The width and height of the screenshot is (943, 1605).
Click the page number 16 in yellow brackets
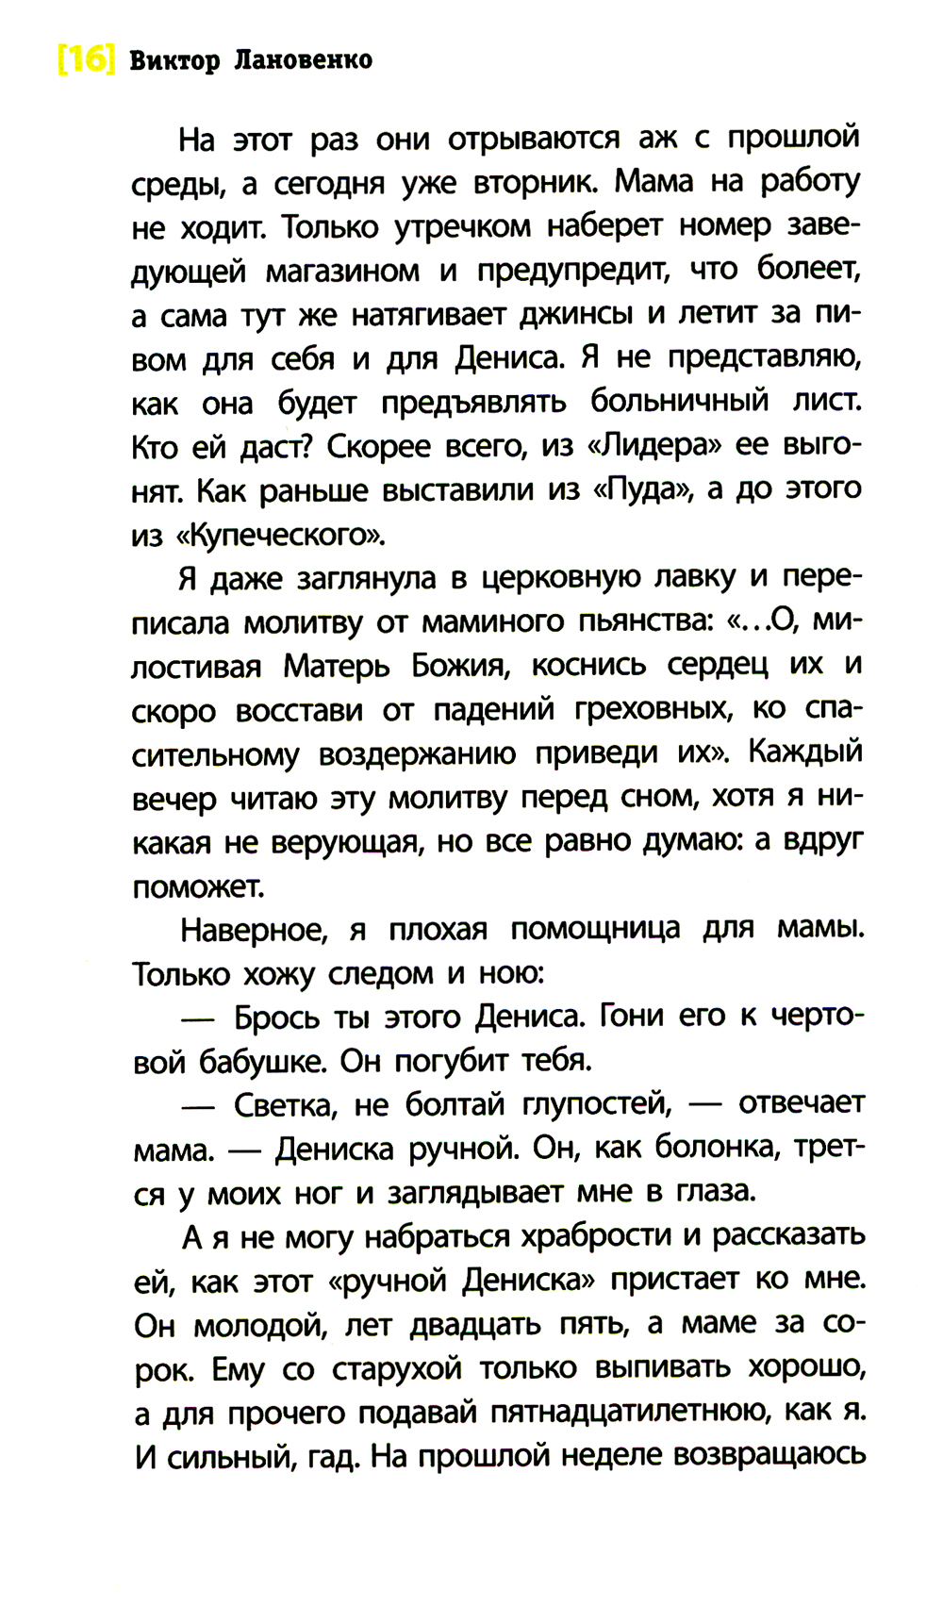point(86,60)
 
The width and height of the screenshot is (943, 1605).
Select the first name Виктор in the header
point(174,60)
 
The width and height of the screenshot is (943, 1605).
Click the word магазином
point(342,272)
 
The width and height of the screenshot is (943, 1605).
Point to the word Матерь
point(337,666)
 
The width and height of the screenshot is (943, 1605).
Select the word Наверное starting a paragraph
point(253,930)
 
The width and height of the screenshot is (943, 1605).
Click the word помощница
point(595,929)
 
